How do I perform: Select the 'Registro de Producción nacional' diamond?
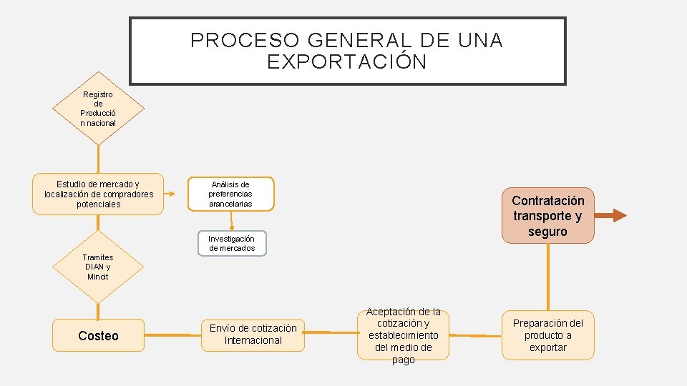click(98, 109)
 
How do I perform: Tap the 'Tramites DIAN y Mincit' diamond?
click(97, 267)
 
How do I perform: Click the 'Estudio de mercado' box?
click(99, 194)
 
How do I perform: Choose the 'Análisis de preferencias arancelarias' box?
click(230, 194)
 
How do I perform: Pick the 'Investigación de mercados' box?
click(231, 243)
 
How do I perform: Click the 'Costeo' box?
click(98, 336)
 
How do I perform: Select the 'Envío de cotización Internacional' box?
click(253, 335)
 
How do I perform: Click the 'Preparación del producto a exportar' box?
click(547, 335)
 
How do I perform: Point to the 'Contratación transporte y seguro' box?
click(547, 216)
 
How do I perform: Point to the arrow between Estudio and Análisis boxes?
click(175, 194)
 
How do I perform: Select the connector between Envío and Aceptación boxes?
click(330, 332)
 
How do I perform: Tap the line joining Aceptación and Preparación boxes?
click(476, 335)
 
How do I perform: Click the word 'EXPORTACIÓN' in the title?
click(347, 62)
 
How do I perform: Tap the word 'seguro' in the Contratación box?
click(547, 232)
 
